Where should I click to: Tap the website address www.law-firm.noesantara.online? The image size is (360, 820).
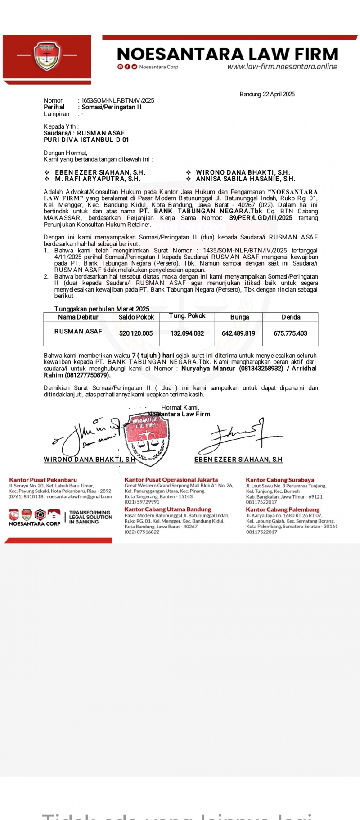point(282,67)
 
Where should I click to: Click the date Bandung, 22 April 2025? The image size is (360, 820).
point(267,94)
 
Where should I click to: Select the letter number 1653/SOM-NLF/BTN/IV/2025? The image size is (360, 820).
point(117,101)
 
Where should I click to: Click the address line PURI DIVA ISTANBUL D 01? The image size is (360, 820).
point(86,140)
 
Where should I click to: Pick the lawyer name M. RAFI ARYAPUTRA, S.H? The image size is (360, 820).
point(98,179)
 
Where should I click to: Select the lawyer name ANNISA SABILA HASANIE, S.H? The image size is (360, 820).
point(245,179)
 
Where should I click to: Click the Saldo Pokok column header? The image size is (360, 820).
point(136,317)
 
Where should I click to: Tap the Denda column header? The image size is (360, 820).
point(291,317)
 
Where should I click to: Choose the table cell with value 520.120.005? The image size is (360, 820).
point(136,333)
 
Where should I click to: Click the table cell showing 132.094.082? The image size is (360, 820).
point(187,333)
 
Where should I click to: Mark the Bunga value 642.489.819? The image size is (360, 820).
point(238,333)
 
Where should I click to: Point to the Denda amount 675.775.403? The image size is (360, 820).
point(290,333)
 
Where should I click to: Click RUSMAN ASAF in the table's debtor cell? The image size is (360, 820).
point(78,331)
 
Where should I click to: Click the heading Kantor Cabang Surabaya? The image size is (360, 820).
point(280,480)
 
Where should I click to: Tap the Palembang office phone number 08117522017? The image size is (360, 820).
point(262,532)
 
